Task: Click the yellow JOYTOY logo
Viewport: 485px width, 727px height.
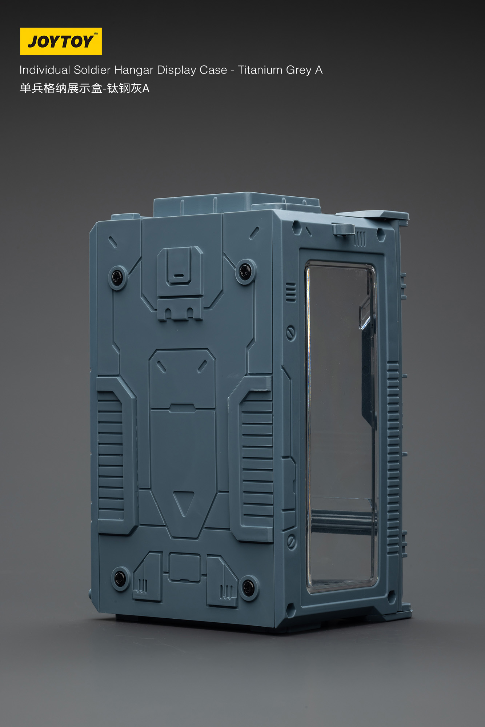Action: point(61,41)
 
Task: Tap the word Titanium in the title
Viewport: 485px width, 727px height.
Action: point(260,70)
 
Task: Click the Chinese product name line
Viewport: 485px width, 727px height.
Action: point(84,88)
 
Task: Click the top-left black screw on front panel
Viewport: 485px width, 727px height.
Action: point(117,277)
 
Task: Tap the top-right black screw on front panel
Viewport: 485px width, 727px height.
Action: point(245,271)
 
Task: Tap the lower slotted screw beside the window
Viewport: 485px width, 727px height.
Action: point(291,542)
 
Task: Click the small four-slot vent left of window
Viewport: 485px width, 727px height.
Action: point(291,292)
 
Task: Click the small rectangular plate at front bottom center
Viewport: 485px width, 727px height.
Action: point(184,567)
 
